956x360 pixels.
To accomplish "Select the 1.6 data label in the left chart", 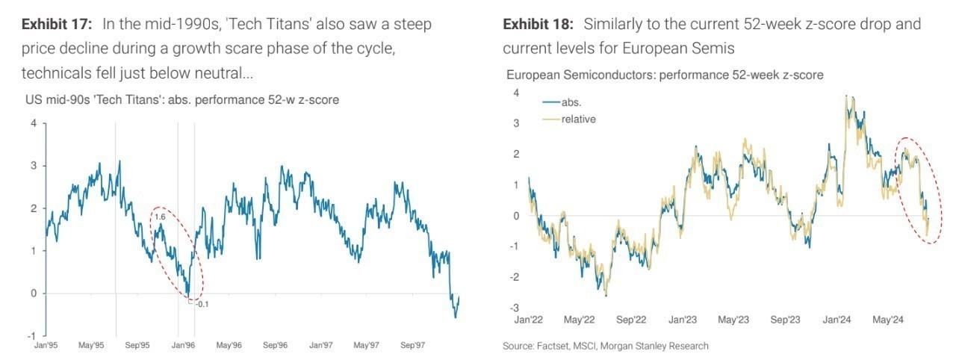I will point(159,217).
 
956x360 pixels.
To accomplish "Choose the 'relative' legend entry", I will point(578,120).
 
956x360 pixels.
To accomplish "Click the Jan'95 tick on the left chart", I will point(48,345).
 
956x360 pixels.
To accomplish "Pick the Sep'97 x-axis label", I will point(413,345).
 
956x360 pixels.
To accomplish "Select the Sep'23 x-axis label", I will point(785,320).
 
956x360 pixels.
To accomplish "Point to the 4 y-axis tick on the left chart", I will point(33,123).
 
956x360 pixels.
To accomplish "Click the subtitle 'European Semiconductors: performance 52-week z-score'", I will point(665,75).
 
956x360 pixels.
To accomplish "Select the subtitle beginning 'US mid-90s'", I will point(182,99).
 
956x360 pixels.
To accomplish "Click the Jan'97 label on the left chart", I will point(321,345).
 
